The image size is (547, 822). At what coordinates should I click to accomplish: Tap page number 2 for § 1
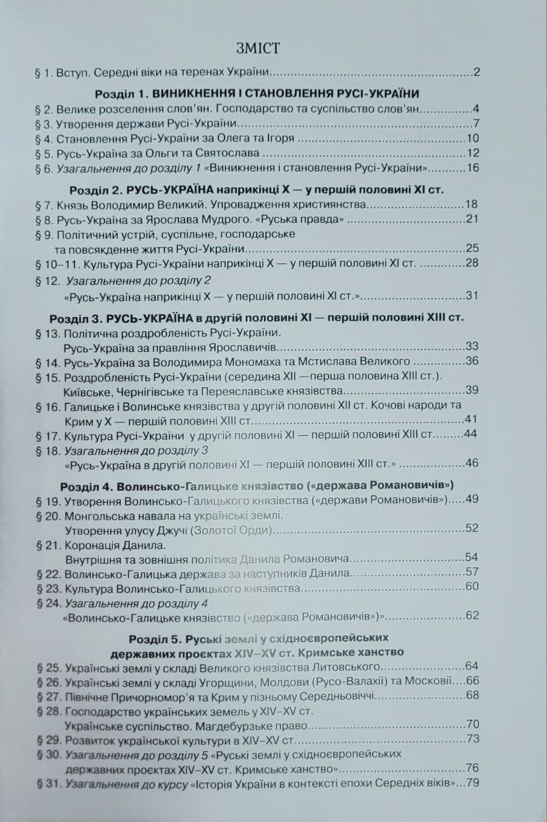coord(476,71)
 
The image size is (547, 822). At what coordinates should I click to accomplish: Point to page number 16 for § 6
coord(473,168)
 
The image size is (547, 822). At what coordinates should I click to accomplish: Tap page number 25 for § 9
coord(472,248)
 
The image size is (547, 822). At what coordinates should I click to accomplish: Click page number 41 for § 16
coord(472,420)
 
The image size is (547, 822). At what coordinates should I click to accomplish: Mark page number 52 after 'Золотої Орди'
coord(472,529)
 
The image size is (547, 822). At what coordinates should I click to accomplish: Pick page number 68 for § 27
coord(472,694)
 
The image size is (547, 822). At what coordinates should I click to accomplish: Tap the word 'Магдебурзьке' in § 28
coord(238,724)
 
